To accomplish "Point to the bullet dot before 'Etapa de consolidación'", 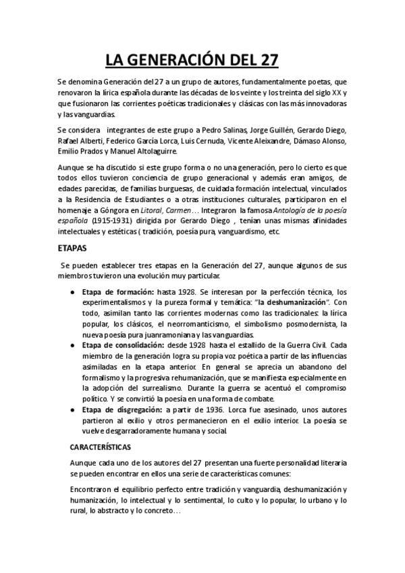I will click(73, 345).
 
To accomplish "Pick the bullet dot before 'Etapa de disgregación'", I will click(73, 409).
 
